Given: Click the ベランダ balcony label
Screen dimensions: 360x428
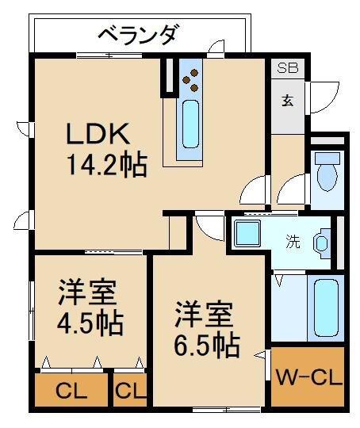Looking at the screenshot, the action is pos(140,35).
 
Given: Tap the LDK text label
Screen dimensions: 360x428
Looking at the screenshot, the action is pos(98,133).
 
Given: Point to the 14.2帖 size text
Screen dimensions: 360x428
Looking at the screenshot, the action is pos(107,165).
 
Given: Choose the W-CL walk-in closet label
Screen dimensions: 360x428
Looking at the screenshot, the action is pos(309,377).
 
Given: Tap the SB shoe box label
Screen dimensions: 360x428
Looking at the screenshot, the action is pos(287,67).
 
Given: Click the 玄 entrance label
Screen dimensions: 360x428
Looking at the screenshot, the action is pos(288,100).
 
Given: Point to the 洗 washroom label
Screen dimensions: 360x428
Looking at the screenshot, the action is pos(293,241).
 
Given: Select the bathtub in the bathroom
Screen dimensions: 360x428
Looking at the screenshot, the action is pos(326,308).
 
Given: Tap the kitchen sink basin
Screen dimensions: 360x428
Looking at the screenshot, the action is pos(190,124).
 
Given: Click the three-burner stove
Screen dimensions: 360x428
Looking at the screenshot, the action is pos(191,80).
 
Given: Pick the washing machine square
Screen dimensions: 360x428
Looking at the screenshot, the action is pos(247,234).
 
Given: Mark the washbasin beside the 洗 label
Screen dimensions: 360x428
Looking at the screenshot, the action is pos(322,243).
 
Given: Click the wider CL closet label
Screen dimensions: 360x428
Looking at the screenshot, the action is pos(71,392).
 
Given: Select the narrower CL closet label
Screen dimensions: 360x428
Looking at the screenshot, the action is pos(130,392).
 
